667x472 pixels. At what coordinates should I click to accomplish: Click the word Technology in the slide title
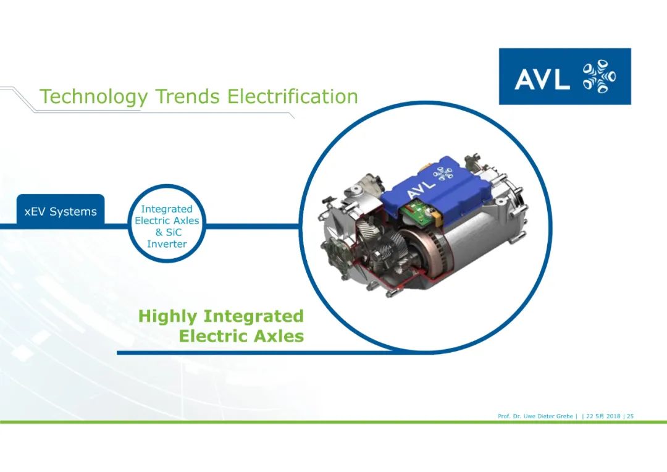pyautogui.click(x=94, y=97)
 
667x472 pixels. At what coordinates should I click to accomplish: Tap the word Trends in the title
pyautogui.click(x=188, y=96)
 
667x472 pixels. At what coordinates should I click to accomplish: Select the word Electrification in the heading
pyautogui.click(x=292, y=96)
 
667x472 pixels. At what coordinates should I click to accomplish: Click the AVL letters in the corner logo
pyautogui.click(x=542, y=78)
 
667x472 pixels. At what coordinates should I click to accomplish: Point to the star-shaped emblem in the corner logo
pyautogui.click(x=599, y=76)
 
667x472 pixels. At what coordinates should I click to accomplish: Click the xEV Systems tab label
pyautogui.click(x=61, y=211)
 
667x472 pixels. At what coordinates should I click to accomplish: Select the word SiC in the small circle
pyautogui.click(x=173, y=232)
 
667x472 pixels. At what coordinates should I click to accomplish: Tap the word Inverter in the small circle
pyautogui.click(x=167, y=244)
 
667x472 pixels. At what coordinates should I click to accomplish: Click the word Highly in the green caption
pyautogui.click(x=167, y=317)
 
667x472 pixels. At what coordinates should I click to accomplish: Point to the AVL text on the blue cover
pyautogui.click(x=421, y=187)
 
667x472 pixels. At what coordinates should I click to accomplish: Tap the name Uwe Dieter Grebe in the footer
pyautogui.click(x=548, y=416)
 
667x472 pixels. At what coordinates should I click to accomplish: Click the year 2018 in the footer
pyautogui.click(x=613, y=416)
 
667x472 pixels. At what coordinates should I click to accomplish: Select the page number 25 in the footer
pyautogui.click(x=630, y=416)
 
